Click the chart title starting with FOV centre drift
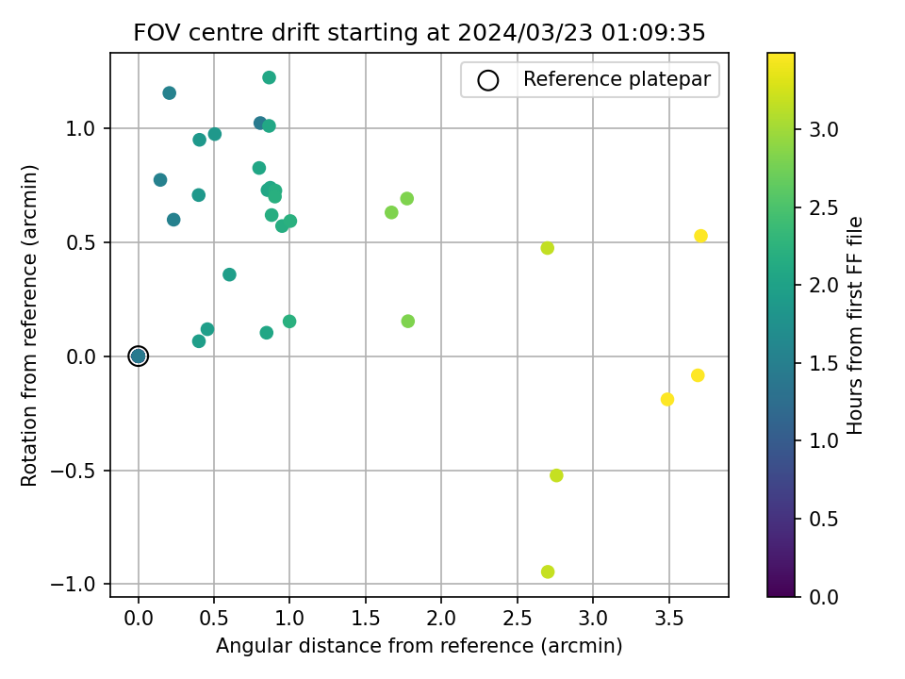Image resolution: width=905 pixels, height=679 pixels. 420,33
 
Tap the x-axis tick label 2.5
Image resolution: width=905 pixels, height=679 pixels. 517,619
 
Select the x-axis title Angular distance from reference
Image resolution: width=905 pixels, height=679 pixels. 420,646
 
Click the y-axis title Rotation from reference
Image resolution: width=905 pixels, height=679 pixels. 30,325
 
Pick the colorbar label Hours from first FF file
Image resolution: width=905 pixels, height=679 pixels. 856,325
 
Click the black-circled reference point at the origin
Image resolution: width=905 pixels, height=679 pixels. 139,356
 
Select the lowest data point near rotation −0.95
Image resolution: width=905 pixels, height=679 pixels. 548,571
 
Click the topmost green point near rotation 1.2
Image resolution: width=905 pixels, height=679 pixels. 269,77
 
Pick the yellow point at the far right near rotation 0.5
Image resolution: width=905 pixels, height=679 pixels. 700,236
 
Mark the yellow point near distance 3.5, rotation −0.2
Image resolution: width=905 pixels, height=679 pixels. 667,399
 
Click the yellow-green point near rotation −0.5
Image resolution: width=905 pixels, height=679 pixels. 556,475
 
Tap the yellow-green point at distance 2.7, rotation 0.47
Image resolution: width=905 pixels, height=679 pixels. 547,248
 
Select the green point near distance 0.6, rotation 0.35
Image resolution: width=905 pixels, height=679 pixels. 229,274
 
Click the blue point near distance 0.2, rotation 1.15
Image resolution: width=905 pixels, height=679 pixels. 169,92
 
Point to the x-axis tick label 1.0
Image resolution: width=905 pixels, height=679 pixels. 289,619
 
